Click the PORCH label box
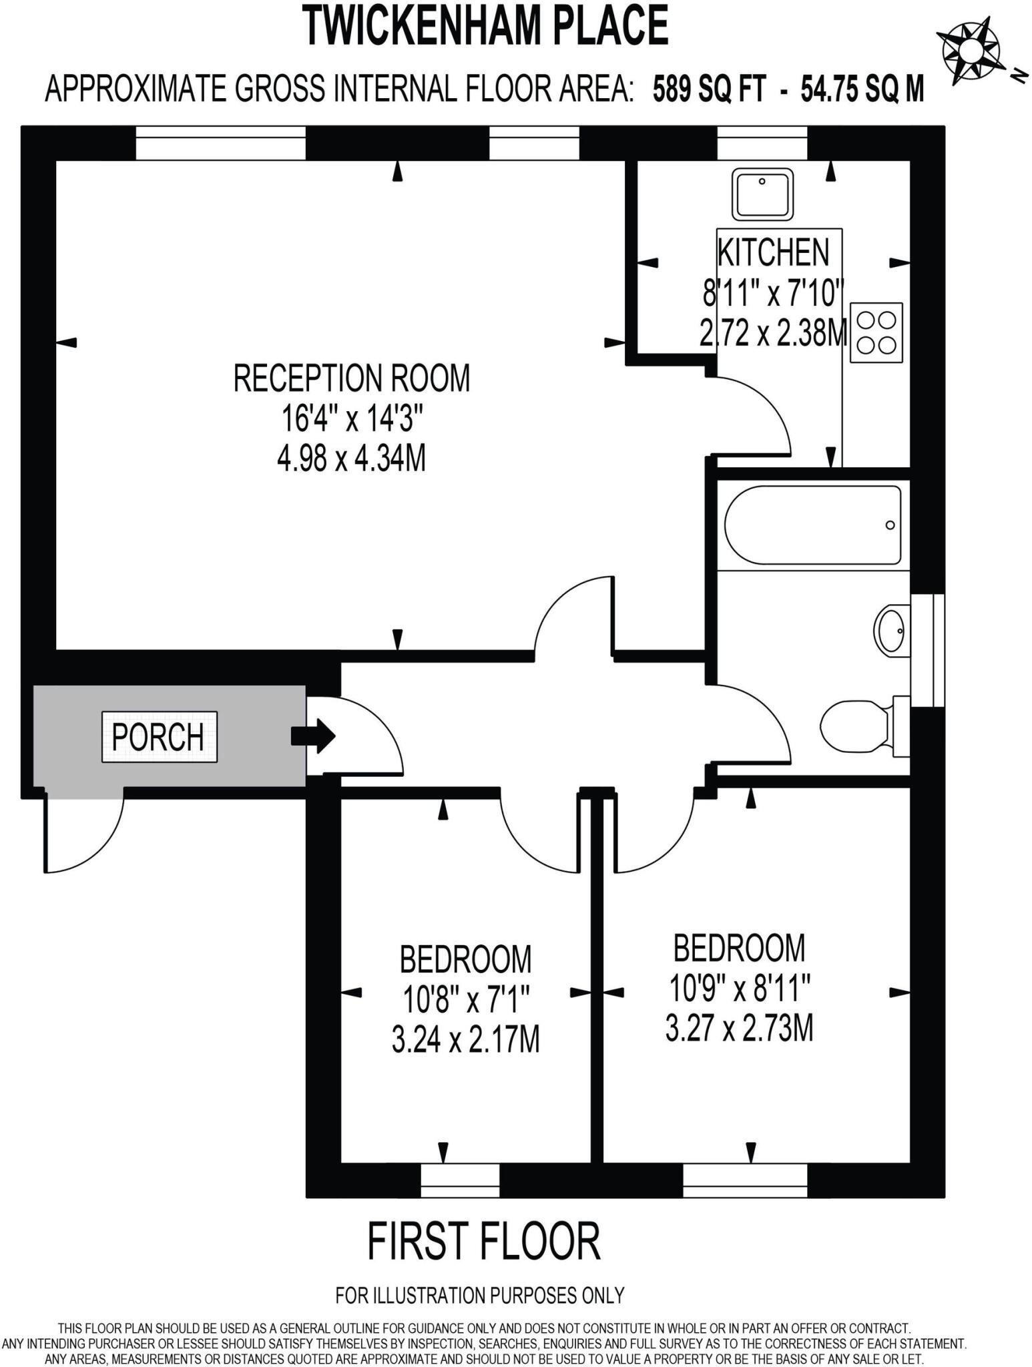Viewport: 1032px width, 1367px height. coord(159,737)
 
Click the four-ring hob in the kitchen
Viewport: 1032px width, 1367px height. coord(876,332)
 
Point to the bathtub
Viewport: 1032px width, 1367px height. coord(812,525)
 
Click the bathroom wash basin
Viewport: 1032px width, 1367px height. coord(890,629)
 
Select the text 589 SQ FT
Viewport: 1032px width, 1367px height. coord(708,89)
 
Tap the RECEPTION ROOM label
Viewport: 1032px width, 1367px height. coord(352,378)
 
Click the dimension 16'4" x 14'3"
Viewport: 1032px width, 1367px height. coord(352,419)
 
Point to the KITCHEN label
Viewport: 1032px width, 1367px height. coord(773,252)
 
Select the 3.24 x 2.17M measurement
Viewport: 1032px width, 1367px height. coord(465,1040)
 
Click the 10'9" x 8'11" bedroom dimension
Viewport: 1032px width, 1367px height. coord(740,988)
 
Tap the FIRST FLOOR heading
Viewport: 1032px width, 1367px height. coord(484,1242)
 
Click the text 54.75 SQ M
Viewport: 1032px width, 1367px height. coord(862,89)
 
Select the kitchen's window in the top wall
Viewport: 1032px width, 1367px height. coord(762,143)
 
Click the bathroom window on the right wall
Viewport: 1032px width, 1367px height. coord(928,649)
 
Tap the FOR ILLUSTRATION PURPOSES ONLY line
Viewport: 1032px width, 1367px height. coord(479,1296)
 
